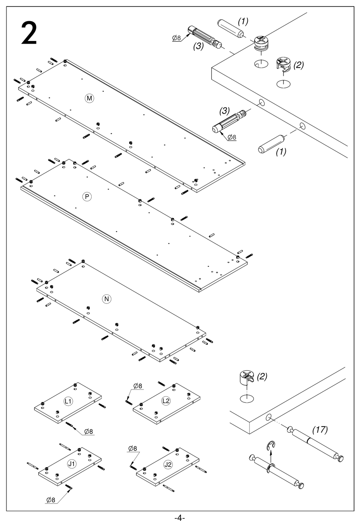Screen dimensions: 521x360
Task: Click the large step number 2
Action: click(29, 34)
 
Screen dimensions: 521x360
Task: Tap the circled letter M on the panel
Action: click(89, 98)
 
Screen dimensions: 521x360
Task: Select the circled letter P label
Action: click(87, 197)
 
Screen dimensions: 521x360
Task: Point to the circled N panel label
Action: click(107, 299)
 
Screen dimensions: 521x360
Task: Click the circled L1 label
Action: click(68, 401)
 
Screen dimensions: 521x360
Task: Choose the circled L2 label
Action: click(166, 401)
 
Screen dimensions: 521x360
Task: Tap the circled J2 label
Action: click(168, 464)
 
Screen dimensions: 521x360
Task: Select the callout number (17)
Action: click(320, 430)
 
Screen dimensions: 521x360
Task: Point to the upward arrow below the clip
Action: click(271, 457)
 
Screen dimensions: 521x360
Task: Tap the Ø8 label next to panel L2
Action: click(138, 386)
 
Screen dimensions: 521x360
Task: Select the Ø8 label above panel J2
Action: click(133, 449)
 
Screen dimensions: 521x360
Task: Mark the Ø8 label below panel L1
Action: click(89, 431)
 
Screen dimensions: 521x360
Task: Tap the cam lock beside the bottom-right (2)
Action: click(246, 378)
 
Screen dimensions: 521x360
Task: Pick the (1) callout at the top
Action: click(243, 22)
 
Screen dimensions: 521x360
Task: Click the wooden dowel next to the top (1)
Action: click(229, 28)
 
